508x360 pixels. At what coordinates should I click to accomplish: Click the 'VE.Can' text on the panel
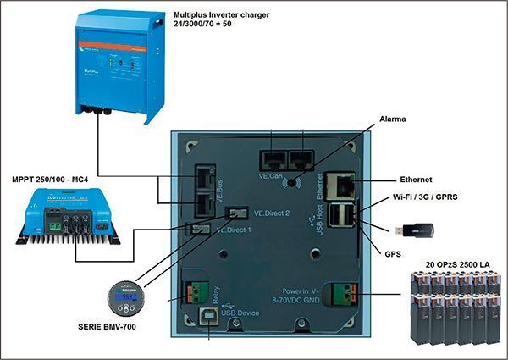pyautogui.click(x=273, y=175)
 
